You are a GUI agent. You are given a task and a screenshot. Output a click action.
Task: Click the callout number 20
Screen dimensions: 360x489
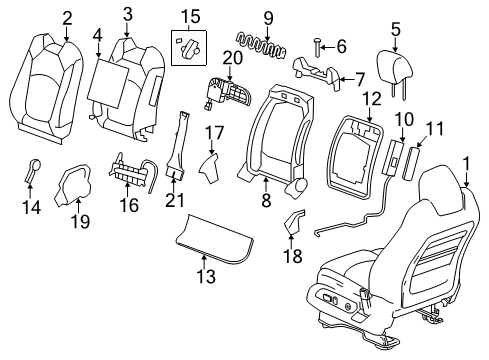[x=232, y=58]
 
